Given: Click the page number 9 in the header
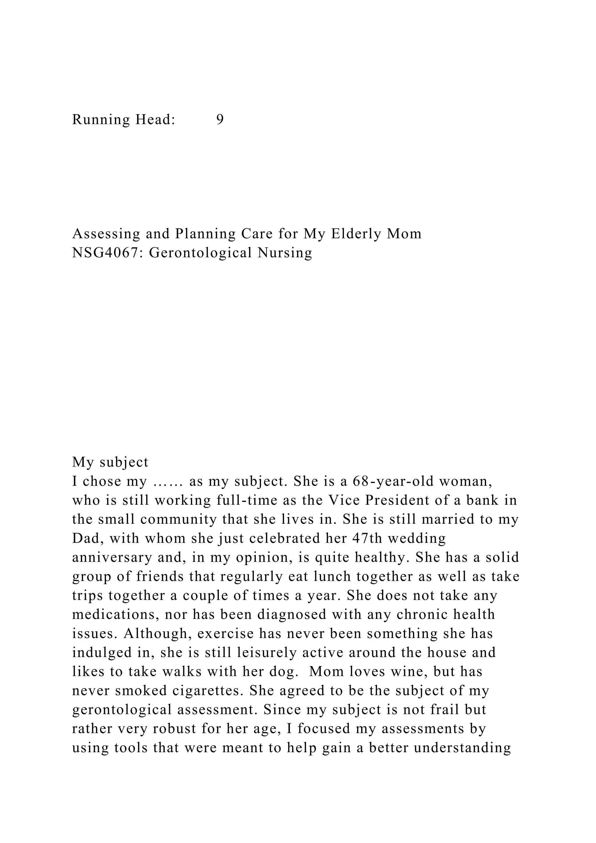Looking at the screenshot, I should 220,119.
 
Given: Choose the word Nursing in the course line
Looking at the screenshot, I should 285,253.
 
